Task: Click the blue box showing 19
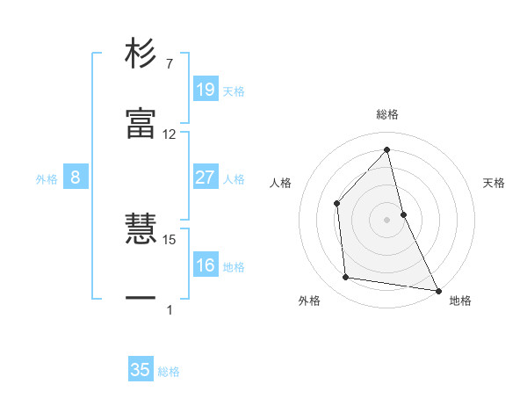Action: click(205, 89)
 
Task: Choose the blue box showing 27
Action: click(205, 178)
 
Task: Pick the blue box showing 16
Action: click(205, 265)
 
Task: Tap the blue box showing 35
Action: click(141, 370)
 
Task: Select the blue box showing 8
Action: click(76, 178)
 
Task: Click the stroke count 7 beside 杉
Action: click(169, 64)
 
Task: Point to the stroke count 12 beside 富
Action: click(170, 134)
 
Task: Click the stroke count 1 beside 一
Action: click(169, 309)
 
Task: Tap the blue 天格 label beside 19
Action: click(234, 91)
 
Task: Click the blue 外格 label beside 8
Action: click(47, 179)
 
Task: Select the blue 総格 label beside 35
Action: click(169, 372)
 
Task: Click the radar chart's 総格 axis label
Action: click(387, 114)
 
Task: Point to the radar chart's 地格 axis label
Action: click(460, 301)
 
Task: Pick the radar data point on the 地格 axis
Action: click(437, 289)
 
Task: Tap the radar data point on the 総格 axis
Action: click(387, 149)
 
